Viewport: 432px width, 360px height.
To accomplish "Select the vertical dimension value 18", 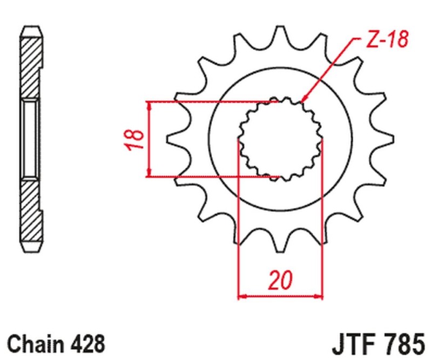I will [137, 139].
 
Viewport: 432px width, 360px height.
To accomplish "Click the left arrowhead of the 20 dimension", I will [241, 296].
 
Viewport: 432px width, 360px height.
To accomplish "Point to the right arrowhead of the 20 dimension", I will [319, 296].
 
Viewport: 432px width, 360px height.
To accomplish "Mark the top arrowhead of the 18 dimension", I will [150, 104].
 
